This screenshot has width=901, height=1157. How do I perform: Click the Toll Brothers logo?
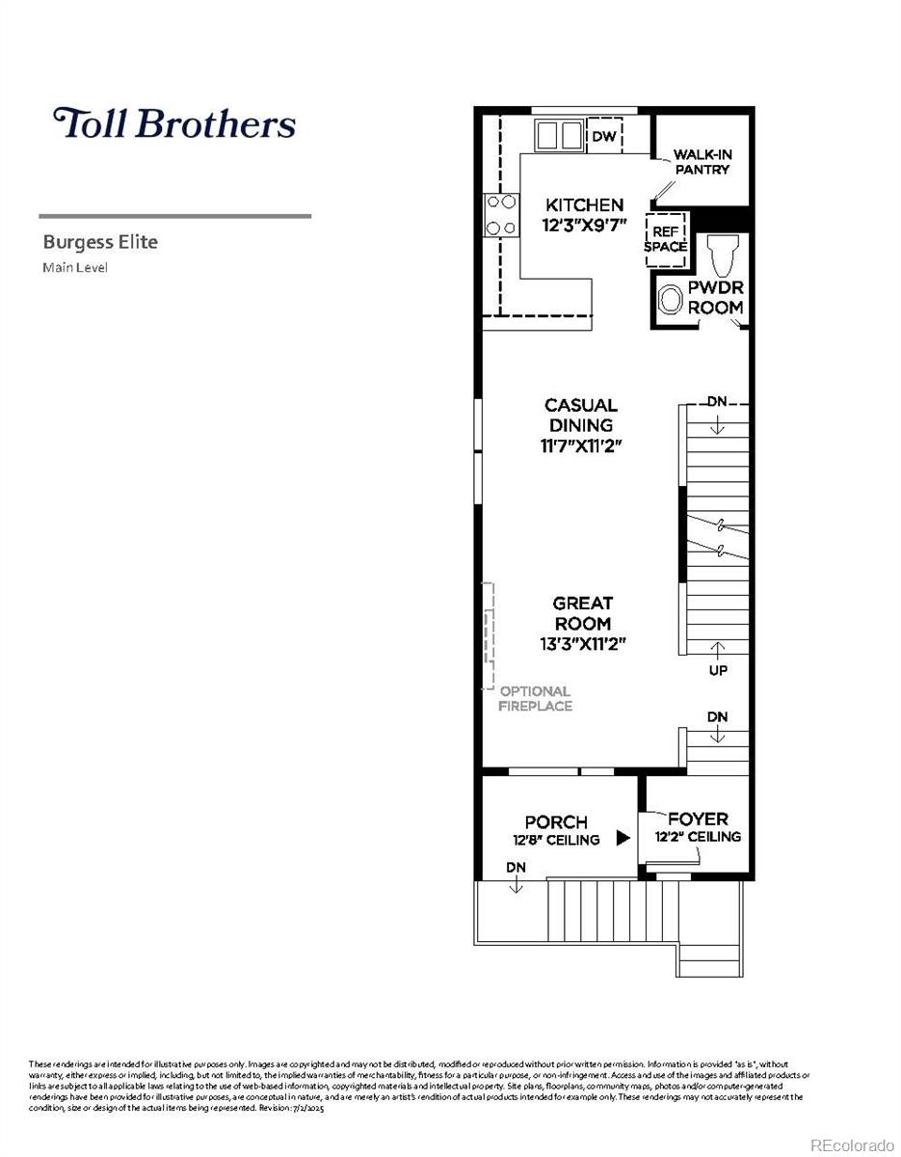coord(173,123)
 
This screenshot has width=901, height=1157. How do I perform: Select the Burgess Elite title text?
coord(100,242)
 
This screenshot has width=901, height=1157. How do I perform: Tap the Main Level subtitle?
coord(75,267)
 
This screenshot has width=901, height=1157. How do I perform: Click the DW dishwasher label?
coord(604,137)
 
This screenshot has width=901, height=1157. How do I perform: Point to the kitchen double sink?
coord(559,135)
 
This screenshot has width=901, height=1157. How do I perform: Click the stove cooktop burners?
coord(500,214)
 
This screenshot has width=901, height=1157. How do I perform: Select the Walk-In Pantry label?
coord(701,162)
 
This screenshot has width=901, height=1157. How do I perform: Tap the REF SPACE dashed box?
coord(665,238)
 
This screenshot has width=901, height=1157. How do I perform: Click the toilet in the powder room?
coord(721,256)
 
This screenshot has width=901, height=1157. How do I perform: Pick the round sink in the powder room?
coord(670,301)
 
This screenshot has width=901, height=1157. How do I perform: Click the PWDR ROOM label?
coord(715,298)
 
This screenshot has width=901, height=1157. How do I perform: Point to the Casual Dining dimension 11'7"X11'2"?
coord(581,446)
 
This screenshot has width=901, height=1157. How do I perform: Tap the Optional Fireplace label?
coord(535,698)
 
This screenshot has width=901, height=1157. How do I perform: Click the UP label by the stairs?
coord(718,670)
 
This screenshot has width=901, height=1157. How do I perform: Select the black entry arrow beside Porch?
coord(623,838)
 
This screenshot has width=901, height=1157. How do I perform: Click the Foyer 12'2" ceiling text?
coord(698,836)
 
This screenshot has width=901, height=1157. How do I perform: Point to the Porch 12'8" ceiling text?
coord(556,840)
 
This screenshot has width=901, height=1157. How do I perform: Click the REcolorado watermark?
coord(852,1144)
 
